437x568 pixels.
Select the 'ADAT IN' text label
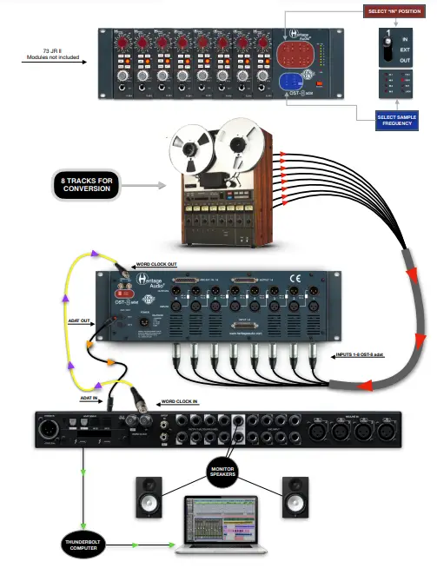pos(89,396)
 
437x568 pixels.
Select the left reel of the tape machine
pos(192,147)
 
